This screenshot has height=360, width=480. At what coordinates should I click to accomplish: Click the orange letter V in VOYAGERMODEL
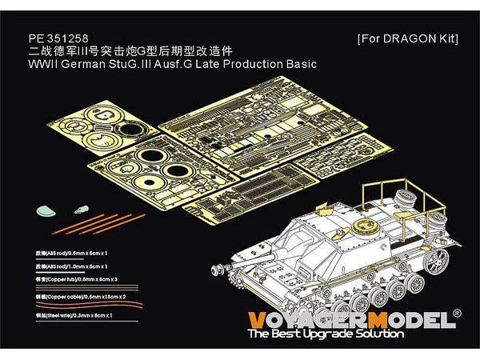[258, 321]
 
